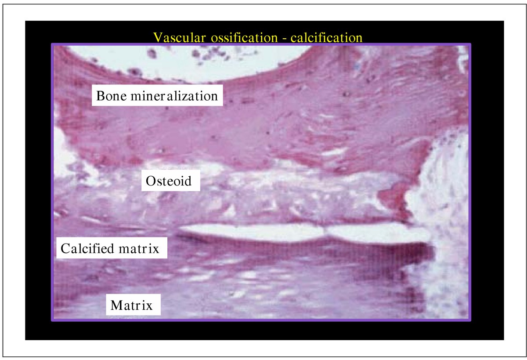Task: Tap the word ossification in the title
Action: point(233,37)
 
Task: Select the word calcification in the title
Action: point(319,37)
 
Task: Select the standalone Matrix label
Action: point(132,305)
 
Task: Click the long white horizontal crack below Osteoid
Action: point(303,233)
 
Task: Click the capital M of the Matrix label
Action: point(116,305)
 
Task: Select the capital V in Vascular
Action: point(157,37)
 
